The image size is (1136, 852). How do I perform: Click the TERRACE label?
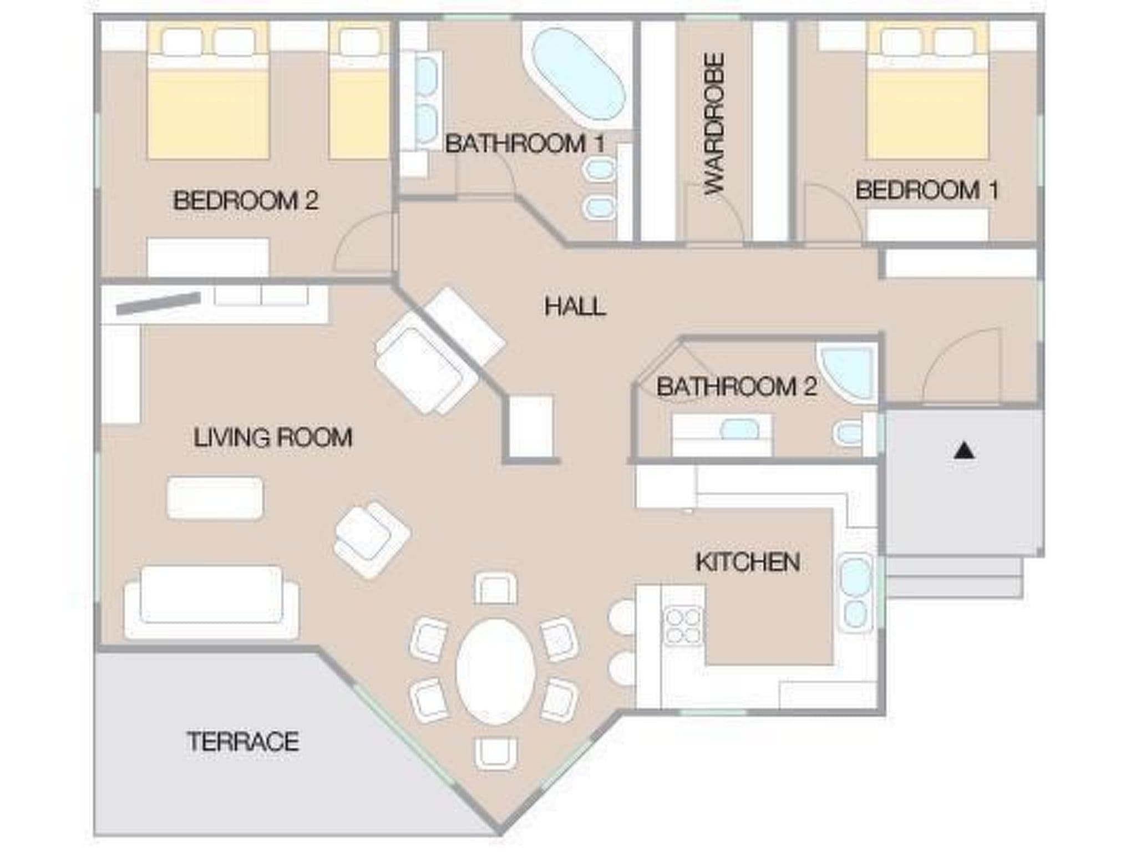click(243, 742)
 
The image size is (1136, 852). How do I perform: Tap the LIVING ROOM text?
click(273, 438)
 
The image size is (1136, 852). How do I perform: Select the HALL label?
click(575, 307)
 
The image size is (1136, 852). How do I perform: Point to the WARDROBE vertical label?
click(714, 124)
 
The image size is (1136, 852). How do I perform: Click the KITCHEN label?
click(748, 562)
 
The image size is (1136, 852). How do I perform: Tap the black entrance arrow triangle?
click(965, 450)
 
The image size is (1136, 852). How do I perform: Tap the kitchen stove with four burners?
click(683, 626)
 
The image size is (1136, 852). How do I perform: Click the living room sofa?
click(211, 602)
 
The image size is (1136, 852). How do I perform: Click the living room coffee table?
click(215, 498)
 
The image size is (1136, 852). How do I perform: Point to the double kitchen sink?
click(856, 592)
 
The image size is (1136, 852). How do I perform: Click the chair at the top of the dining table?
click(495, 589)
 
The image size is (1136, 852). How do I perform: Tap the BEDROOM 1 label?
click(927, 190)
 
